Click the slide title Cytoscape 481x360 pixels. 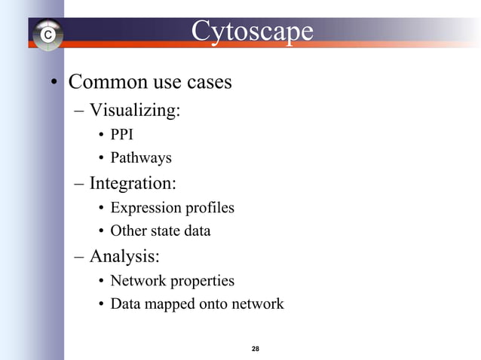click(x=252, y=31)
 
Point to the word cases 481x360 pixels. click(x=208, y=81)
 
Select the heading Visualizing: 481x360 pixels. click(x=135, y=111)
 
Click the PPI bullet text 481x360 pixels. click(x=121, y=136)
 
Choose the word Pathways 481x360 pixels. click(x=141, y=158)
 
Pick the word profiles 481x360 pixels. click(x=210, y=208)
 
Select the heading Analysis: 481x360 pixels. click(x=124, y=256)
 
